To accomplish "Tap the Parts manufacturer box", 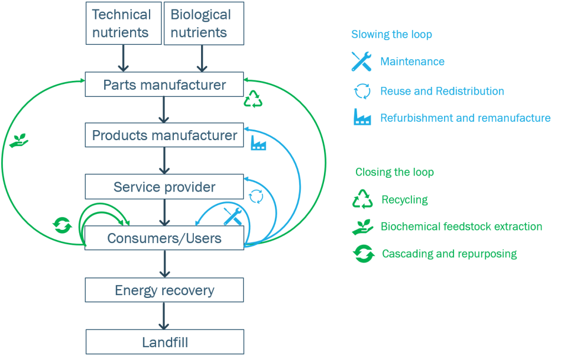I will click(164, 85).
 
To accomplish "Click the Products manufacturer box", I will click(164, 135).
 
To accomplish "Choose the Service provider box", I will click(164, 187).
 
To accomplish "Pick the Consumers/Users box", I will click(164, 238).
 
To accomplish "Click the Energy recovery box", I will click(164, 290).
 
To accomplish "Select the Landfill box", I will click(164, 342).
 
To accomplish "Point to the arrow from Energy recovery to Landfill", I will click(163, 316).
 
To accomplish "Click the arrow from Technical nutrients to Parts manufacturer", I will click(123, 58).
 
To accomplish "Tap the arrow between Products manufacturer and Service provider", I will click(163, 161).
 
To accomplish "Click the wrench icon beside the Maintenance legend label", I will click(362, 61).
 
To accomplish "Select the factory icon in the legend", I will click(362, 118).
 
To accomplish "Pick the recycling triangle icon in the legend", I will click(363, 199).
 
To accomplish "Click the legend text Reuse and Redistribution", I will click(442, 91).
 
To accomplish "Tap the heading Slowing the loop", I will click(391, 34).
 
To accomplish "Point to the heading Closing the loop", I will click(394, 172).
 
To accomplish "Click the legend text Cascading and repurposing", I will click(449, 254).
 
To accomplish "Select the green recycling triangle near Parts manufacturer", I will click(253, 99).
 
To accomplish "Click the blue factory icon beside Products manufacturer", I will click(258, 143).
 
